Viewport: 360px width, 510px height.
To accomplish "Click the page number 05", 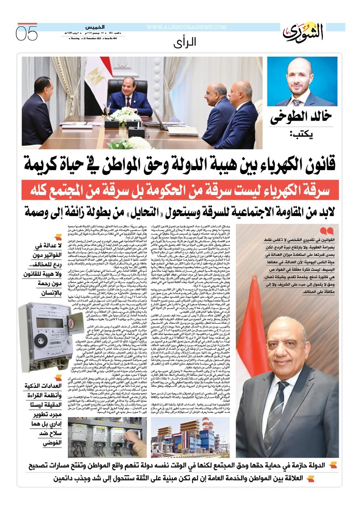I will (27, 33).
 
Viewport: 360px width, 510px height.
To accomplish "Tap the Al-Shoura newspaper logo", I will (303, 32).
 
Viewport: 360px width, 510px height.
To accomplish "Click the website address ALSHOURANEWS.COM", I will (186, 27).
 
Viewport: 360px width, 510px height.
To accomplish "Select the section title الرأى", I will (185, 42).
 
